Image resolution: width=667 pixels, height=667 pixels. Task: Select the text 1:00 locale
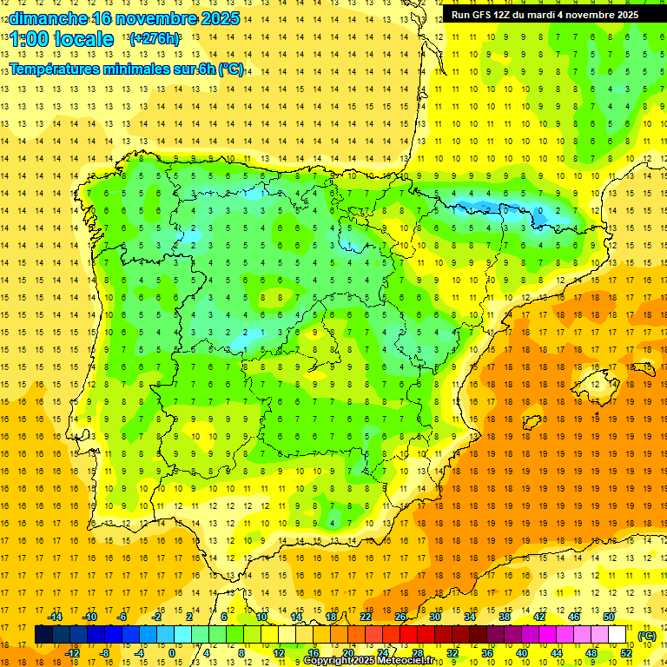click(62, 39)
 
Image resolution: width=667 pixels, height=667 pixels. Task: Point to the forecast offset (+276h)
click(155, 39)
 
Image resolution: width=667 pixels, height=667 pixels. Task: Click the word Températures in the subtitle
click(60, 69)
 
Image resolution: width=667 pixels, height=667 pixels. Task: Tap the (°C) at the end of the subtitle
click(231, 69)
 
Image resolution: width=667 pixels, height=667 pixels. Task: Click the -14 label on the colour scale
click(55, 617)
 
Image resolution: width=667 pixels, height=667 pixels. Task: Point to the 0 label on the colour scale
click(172, 653)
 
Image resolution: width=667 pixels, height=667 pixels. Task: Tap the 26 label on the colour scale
click(400, 617)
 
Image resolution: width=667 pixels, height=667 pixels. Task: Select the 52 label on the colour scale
click(626, 653)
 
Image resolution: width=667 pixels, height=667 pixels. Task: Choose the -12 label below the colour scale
click(73, 653)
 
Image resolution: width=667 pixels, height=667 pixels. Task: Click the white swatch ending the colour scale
click(617, 635)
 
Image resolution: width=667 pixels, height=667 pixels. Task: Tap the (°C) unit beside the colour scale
click(647, 636)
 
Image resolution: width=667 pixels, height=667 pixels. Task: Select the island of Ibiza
click(532, 422)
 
